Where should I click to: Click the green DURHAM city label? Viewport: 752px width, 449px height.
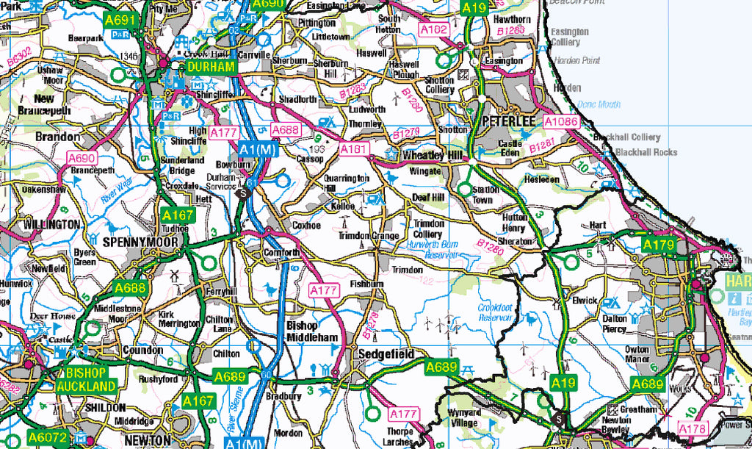[x=211, y=67]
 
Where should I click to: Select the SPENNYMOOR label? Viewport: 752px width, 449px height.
[x=141, y=241]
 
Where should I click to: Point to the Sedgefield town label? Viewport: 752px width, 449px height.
[x=384, y=354]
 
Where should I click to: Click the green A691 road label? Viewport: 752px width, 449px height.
[x=120, y=20]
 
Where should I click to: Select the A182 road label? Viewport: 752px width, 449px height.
[x=433, y=28]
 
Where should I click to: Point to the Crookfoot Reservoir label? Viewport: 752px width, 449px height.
[x=494, y=312]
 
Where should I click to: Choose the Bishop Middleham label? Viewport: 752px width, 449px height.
[x=312, y=331]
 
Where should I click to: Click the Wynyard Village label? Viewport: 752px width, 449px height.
[x=464, y=417]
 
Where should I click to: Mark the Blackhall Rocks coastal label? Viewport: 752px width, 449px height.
[x=646, y=152]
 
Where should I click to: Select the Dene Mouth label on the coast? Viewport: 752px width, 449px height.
[x=599, y=104]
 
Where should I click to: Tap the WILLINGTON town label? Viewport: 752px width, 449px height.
[x=51, y=223]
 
